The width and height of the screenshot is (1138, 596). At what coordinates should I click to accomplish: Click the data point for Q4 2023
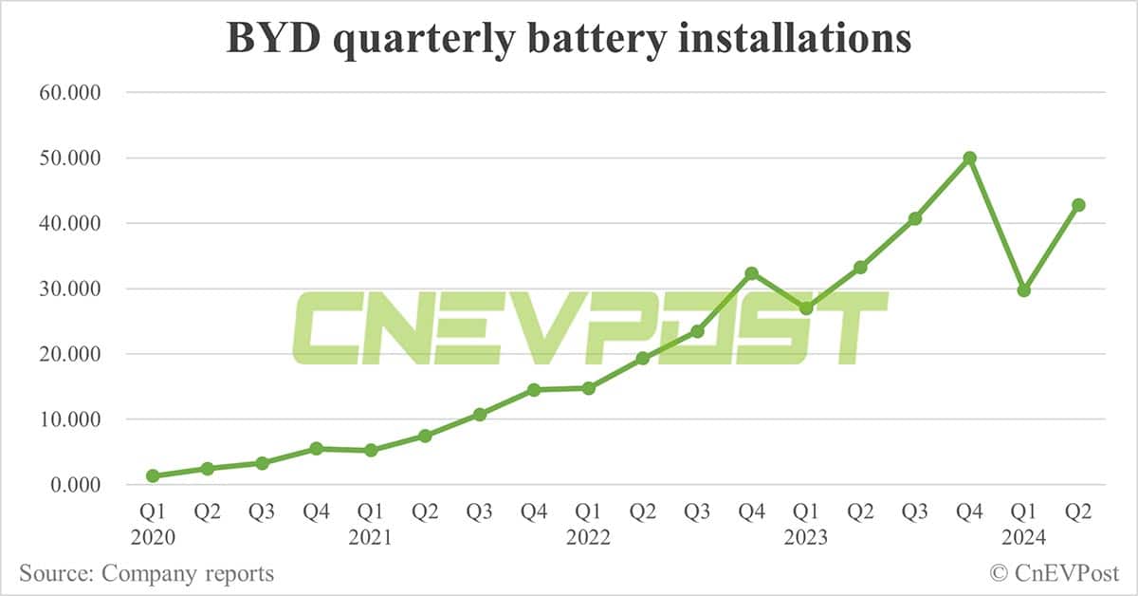pyautogui.click(x=969, y=158)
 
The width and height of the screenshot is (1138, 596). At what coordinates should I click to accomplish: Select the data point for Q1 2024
pyautogui.click(x=1023, y=290)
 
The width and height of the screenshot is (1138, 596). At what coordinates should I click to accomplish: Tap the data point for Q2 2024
pyautogui.click(x=1078, y=205)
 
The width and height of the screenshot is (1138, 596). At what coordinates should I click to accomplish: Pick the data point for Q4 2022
pyautogui.click(x=751, y=273)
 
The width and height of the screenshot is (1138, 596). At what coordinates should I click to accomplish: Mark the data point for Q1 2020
pyautogui.click(x=153, y=475)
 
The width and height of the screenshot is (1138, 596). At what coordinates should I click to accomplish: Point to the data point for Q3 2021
pyautogui.click(x=480, y=415)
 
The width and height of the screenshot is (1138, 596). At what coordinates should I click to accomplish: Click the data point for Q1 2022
pyautogui.click(x=588, y=388)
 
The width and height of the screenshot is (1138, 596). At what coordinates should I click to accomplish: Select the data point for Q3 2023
pyautogui.click(x=915, y=219)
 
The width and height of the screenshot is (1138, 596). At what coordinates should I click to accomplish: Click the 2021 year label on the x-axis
pyautogui.click(x=371, y=537)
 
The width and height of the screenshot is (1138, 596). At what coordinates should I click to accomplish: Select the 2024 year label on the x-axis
pyautogui.click(x=1024, y=537)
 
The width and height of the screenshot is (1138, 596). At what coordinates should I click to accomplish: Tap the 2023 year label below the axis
pyautogui.click(x=806, y=537)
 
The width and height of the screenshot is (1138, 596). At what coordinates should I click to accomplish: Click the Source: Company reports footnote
pyautogui.click(x=146, y=573)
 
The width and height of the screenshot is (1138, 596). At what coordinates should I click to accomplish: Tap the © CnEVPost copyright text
pyautogui.click(x=1055, y=573)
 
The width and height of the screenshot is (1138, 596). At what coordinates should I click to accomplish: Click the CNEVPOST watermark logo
pyautogui.click(x=589, y=328)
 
